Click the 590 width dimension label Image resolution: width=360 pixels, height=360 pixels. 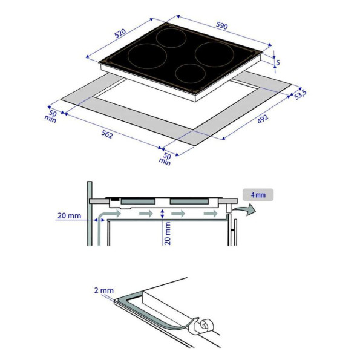coord(222,25)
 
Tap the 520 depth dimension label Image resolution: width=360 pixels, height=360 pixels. coord(120,33)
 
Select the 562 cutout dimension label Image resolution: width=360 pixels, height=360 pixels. coord(107,134)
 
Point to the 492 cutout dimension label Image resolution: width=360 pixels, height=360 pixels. coord(263,119)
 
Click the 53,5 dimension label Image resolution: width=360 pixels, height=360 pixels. coord(300,94)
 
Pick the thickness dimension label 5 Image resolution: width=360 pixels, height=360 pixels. coord(278,62)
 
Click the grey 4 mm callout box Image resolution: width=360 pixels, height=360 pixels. coord(258,195)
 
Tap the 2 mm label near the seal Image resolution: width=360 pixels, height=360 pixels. coord(104,290)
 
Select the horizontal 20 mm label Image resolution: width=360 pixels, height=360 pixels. coord(69,215)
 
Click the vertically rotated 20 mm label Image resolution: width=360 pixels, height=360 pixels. coord(168,234)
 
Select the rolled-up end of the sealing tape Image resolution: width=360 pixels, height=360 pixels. coord(204,325)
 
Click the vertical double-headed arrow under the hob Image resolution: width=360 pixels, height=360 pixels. coord(162,214)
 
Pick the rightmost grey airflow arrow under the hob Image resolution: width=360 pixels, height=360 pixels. coord(211,214)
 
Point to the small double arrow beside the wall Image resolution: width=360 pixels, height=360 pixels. coord(99,220)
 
